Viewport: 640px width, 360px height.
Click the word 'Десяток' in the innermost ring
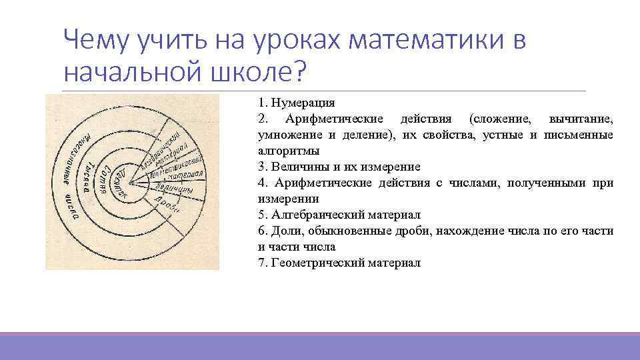click(x=119, y=181)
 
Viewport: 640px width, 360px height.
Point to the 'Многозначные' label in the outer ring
click(x=69, y=154)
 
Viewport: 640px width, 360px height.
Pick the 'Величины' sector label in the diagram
click(x=174, y=189)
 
